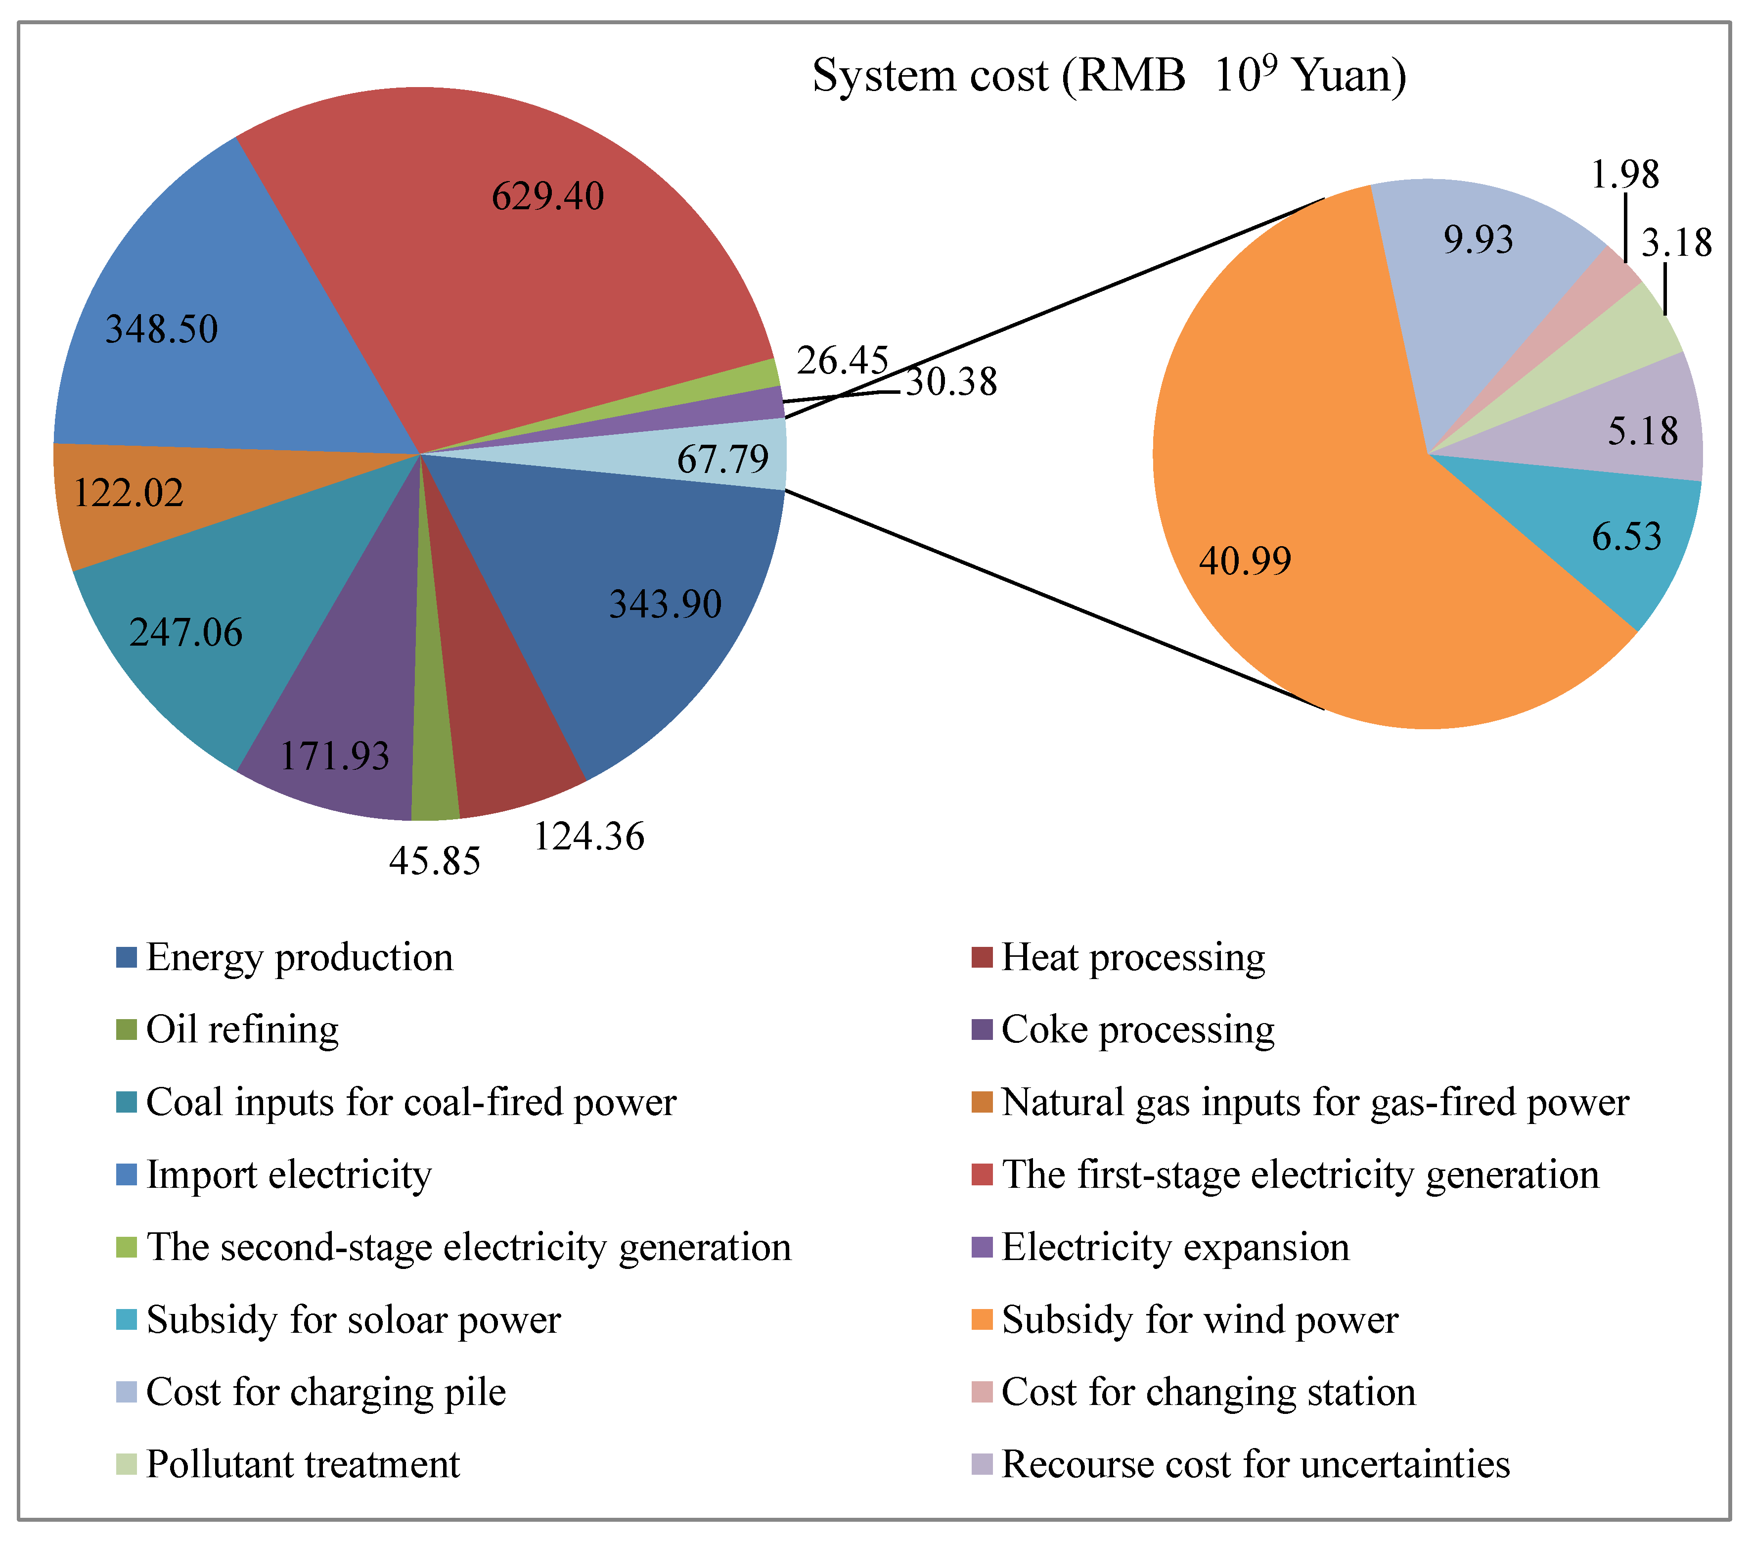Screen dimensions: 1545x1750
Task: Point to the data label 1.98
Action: coord(1624,175)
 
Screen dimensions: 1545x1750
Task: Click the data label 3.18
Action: coord(1675,243)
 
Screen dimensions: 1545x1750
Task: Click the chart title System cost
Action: coord(1109,75)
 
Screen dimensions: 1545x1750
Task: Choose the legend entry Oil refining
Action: coord(242,1030)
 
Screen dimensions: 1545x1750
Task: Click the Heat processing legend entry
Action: coord(1133,957)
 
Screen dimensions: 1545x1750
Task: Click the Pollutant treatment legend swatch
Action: coord(127,1464)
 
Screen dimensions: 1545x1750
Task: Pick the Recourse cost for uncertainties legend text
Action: coord(1255,1464)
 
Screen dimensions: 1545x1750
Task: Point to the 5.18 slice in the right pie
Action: coord(1627,428)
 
